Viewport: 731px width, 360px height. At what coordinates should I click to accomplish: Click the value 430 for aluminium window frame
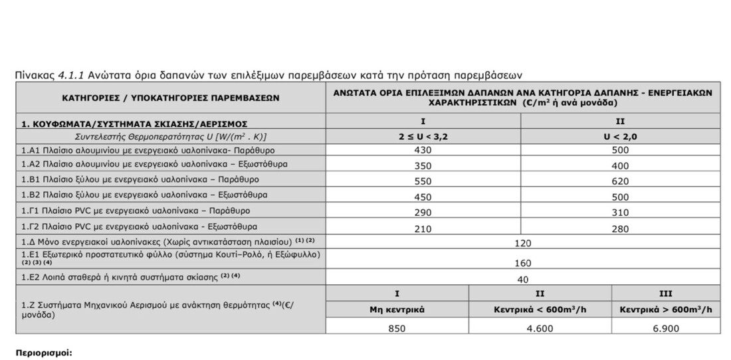tap(423, 150)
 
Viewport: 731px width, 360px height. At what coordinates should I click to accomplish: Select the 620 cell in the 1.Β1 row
tap(620, 180)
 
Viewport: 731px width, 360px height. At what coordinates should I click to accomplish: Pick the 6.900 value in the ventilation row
tap(665, 328)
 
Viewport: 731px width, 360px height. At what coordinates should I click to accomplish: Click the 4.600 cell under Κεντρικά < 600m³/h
tap(540, 328)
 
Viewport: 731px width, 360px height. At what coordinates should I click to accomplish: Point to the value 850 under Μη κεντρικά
tap(397, 328)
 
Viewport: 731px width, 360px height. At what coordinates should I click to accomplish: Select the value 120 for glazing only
tap(522, 243)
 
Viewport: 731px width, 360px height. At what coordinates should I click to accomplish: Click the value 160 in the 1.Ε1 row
tap(522, 263)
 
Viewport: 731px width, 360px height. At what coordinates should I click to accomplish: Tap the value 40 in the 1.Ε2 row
tap(522, 279)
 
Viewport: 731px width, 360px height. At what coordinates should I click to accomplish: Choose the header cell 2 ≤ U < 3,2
tap(423, 136)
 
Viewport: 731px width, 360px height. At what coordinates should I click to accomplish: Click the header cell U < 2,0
tap(620, 136)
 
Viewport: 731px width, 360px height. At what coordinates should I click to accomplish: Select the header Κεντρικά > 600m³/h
tap(665, 310)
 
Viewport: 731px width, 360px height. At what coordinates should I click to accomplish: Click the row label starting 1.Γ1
tap(136, 210)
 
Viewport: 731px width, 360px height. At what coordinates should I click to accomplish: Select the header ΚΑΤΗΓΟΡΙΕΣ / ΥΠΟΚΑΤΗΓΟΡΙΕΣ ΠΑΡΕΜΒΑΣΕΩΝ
tap(171, 98)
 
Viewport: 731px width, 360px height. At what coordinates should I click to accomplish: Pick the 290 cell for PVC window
tap(423, 211)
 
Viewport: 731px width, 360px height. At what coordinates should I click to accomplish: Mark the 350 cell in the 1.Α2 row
tap(423, 165)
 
